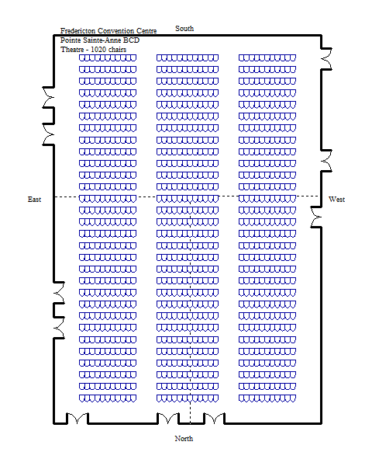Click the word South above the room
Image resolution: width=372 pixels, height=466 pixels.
click(x=184, y=29)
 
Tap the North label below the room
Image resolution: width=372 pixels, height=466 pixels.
click(x=184, y=438)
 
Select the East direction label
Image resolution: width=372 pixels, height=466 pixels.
click(x=34, y=200)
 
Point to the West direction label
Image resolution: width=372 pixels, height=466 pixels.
click(x=336, y=199)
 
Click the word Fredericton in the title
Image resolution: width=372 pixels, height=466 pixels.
click(x=78, y=31)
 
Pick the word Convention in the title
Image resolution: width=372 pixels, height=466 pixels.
click(x=116, y=31)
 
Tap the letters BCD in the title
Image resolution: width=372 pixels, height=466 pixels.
click(x=131, y=40)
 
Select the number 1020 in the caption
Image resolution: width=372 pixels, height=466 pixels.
click(x=98, y=50)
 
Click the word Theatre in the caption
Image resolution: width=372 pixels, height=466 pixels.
click(x=72, y=50)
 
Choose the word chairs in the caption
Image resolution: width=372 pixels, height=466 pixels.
click(x=117, y=50)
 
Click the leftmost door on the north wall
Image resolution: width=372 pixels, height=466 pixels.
click(x=77, y=418)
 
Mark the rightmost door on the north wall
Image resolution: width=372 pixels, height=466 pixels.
click(x=215, y=418)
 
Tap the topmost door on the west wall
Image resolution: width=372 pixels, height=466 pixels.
click(x=326, y=59)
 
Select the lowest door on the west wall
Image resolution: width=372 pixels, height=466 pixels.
click(x=316, y=217)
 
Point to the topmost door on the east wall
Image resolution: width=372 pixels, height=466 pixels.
click(x=48, y=97)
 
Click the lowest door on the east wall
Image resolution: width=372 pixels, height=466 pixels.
click(x=59, y=328)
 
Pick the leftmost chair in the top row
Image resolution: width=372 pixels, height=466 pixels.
click(x=82, y=57)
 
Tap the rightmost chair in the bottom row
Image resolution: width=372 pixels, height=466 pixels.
click(x=293, y=398)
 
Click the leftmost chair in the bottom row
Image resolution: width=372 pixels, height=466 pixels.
click(x=82, y=398)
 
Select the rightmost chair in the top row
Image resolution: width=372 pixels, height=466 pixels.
click(x=293, y=57)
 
